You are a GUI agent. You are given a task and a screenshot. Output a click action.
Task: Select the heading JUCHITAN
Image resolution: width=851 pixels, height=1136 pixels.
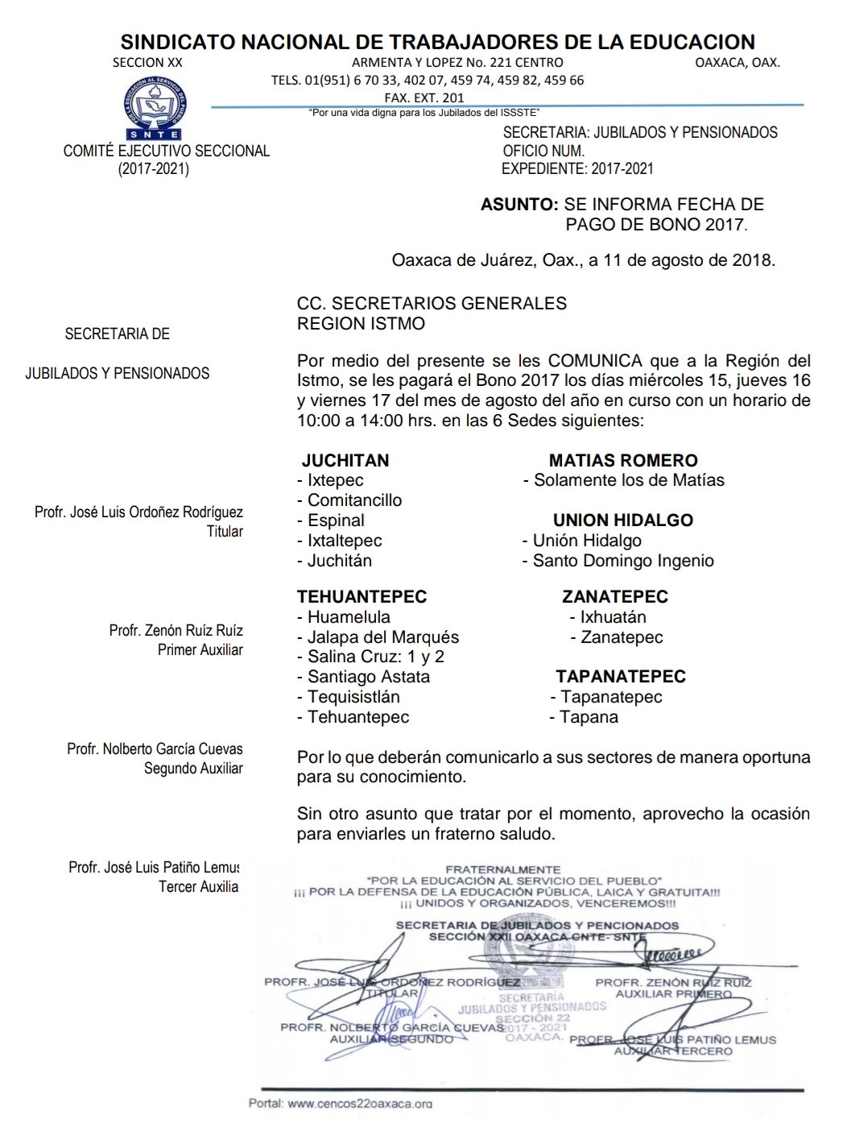click(x=345, y=461)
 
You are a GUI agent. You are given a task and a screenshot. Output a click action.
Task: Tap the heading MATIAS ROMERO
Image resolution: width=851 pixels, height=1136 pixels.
click(x=623, y=461)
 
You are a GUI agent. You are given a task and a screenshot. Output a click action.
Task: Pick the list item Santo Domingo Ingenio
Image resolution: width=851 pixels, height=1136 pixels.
click(x=622, y=561)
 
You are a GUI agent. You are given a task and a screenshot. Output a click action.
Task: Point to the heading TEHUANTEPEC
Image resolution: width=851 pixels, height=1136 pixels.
click(x=361, y=597)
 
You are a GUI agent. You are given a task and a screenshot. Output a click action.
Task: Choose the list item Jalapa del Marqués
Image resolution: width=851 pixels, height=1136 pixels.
click(x=382, y=637)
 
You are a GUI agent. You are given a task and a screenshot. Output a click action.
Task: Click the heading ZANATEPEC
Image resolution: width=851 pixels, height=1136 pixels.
click(x=615, y=597)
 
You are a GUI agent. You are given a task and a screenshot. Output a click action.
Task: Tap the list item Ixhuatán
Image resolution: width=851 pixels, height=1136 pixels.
click(x=613, y=617)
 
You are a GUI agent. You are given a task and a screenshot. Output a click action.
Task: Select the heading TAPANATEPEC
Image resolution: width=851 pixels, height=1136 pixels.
click(x=621, y=677)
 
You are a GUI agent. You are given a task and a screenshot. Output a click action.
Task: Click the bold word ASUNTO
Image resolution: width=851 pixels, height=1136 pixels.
click(x=519, y=205)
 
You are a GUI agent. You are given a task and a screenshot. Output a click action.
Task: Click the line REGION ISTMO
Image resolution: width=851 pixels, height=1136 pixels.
click(x=361, y=324)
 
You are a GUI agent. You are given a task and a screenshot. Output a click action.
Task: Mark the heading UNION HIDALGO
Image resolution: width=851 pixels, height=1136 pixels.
click(x=623, y=520)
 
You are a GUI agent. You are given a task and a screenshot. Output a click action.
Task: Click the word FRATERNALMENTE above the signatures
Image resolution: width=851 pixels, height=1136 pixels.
click(x=503, y=870)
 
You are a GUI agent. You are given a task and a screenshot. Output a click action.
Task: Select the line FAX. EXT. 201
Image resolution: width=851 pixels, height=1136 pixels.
click(x=424, y=97)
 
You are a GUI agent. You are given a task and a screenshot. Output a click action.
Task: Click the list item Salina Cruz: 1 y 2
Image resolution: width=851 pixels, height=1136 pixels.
click(x=375, y=657)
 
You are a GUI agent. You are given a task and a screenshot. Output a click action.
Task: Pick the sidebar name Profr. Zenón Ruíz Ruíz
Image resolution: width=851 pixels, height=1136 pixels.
click(x=176, y=630)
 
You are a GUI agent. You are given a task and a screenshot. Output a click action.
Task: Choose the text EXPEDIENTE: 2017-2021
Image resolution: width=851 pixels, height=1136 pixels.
click(x=577, y=169)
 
